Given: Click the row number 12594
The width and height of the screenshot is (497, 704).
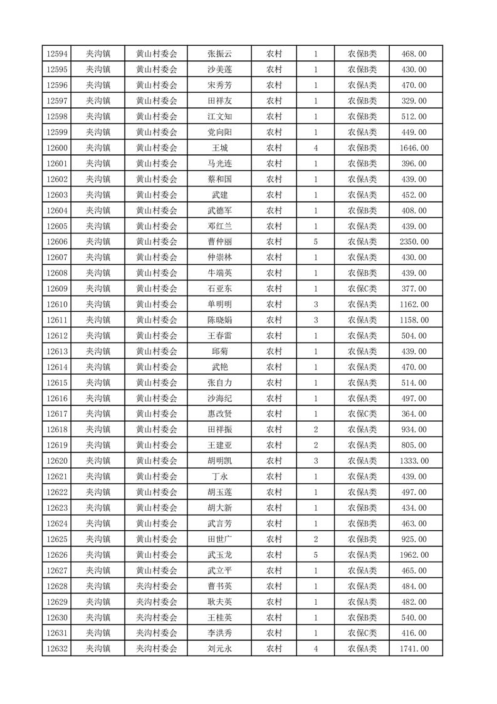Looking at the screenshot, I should pos(57,54).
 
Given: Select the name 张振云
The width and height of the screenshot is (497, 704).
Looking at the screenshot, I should pos(219,54).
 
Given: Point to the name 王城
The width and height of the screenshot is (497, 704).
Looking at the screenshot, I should pos(219,148).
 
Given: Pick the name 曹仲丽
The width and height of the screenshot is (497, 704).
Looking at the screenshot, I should pos(219,242).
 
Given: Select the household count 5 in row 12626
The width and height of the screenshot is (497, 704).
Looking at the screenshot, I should pos(315,555).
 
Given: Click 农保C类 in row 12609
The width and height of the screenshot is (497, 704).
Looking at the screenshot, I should pos(362,289).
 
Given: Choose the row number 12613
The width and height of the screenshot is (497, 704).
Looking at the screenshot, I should pos(57,351).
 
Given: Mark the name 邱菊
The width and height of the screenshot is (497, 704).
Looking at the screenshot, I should pos(219,351).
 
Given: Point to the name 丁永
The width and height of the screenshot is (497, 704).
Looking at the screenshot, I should pos(219,477).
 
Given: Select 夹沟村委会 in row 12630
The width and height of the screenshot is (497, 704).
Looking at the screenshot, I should pos(157,618).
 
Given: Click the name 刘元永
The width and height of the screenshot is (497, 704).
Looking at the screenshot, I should pos(219,649).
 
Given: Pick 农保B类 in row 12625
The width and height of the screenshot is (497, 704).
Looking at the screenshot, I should pos(362,540).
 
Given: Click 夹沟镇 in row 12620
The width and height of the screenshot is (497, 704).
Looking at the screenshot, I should pos(98,461).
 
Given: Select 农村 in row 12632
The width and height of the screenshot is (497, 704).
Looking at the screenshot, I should pos(275,649).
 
